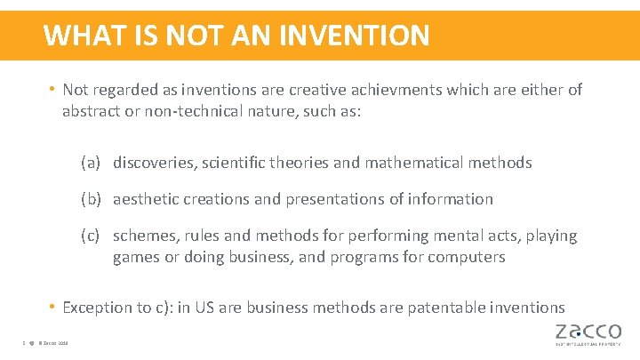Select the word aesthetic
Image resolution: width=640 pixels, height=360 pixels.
(148, 199)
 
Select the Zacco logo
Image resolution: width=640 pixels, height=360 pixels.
(589, 333)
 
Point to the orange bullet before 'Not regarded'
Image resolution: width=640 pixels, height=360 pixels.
(53, 90)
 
